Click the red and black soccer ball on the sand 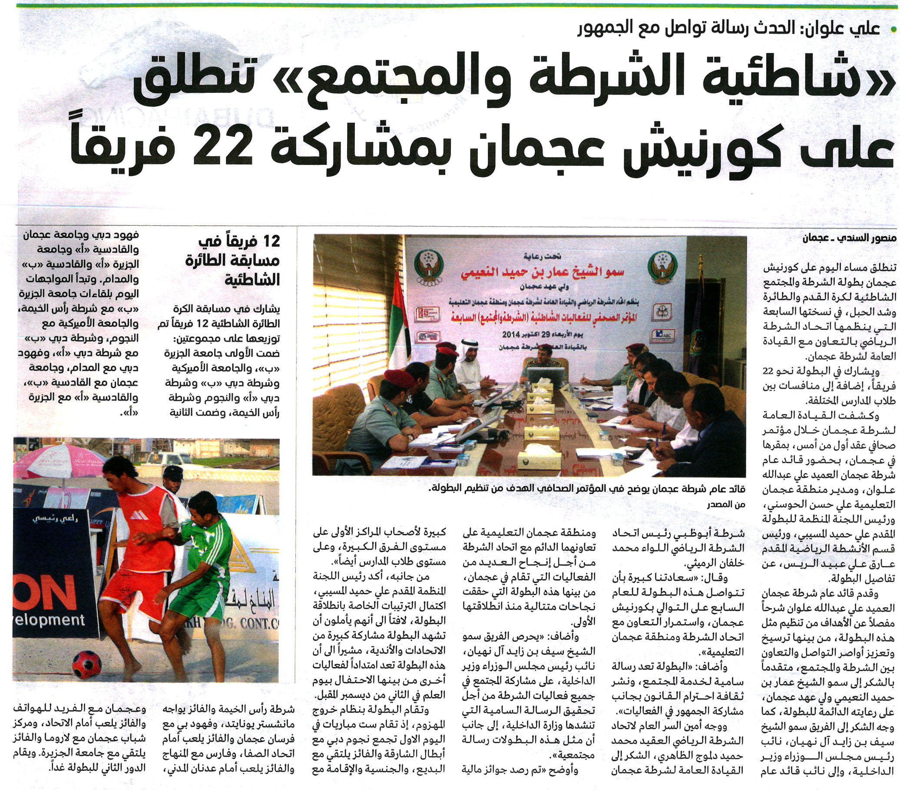(86, 664)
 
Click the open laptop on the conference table (546, 375)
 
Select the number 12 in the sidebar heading (270, 242)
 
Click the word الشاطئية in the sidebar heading (253, 280)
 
